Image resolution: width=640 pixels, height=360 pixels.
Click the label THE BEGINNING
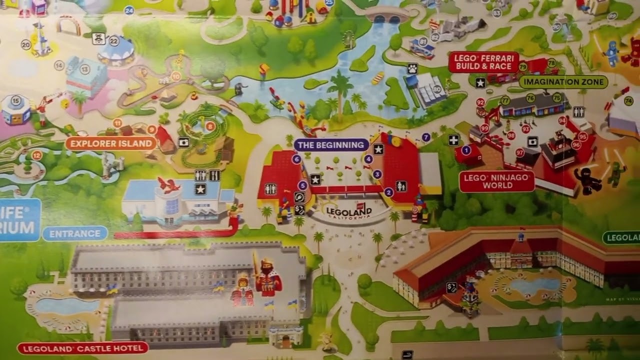click(x=331, y=145)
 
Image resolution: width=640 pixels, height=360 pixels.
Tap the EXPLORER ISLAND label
click(x=110, y=143)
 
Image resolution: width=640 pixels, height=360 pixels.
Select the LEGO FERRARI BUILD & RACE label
click(x=483, y=62)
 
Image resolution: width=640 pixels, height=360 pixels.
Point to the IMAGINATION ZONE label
click(x=563, y=81)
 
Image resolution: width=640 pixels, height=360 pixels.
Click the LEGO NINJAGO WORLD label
click(x=497, y=181)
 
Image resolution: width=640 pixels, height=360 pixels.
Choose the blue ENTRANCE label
click(x=75, y=233)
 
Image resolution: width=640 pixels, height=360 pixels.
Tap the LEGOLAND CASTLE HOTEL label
click(x=82, y=347)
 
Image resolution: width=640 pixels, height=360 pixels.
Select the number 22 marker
click(x=114, y=41)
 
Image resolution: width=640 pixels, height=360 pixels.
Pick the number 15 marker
click(x=16, y=101)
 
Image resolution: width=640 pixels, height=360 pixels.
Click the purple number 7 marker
click(x=426, y=137)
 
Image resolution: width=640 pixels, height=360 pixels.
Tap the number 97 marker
click(x=520, y=152)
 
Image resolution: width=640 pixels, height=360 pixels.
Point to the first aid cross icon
click(x=453, y=140)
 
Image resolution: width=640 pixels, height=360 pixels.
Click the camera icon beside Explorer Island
click(x=183, y=142)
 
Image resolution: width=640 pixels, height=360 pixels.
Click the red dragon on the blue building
click(x=168, y=185)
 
